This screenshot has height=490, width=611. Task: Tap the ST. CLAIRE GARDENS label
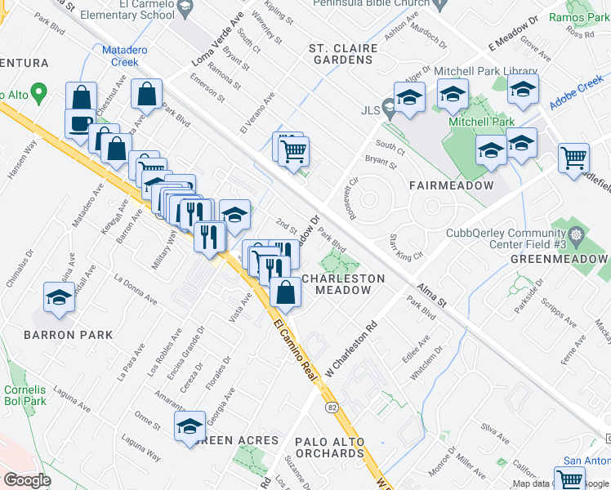(343, 54)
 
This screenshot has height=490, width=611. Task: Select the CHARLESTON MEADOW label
(343, 284)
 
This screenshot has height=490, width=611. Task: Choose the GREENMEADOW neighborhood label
(560, 258)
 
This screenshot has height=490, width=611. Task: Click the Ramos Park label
(578, 17)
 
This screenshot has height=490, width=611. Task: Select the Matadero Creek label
(124, 56)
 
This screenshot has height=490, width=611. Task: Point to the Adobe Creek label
(578, 85)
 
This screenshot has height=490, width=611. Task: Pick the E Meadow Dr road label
(512, 31)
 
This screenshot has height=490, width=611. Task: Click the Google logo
(26, 480)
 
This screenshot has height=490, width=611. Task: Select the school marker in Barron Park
(59, 299)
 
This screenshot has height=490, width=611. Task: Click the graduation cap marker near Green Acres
(190, 425)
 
